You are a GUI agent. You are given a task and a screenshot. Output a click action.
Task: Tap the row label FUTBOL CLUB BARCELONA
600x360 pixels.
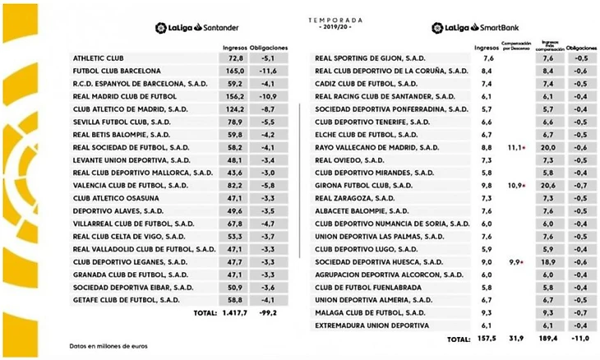pos(117,72)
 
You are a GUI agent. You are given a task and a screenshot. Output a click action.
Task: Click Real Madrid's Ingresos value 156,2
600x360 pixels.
pos(237,97)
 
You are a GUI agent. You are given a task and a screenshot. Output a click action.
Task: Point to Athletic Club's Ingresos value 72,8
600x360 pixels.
pos(237,59)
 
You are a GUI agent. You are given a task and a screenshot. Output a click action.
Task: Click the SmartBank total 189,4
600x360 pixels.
pos(547,339)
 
